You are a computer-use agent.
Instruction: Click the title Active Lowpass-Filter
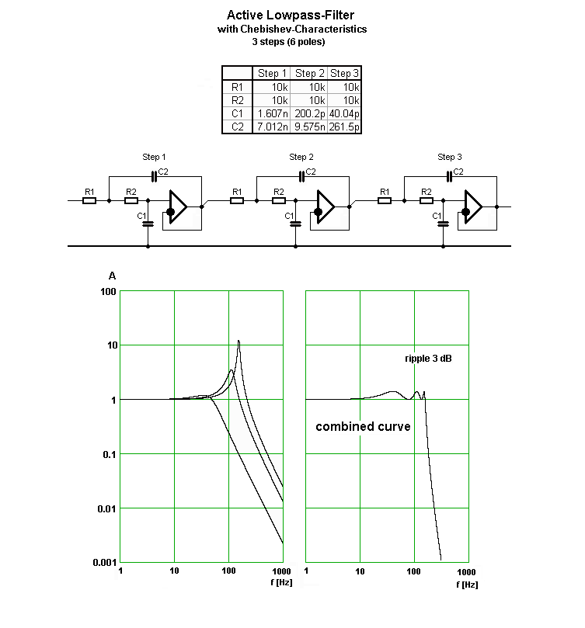[x=291, y=16]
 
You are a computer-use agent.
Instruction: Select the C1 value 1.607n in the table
[x=273, y=114]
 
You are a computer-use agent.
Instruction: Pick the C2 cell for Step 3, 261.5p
[x=344, y=127]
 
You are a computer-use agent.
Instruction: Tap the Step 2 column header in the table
[x=309, y=73]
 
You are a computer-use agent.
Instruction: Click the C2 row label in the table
[x=238, y=127]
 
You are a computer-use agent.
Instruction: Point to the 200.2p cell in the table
[x=309, y=114]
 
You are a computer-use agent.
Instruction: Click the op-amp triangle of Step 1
[x=178, y=206]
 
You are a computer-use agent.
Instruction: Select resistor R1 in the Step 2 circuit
[x=237, y=200]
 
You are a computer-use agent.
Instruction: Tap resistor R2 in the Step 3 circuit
[x=427, y=200]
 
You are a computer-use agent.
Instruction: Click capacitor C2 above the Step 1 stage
[x=154, y=177]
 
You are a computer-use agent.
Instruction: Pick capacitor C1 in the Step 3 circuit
[x=443, y=224]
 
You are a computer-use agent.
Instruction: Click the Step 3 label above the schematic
[x=450, y=157]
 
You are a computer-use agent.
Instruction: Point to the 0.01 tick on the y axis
[x=106, y=509]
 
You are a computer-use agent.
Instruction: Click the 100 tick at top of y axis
[x=108, y=292]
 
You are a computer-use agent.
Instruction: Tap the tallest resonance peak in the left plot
[x=239, y=342]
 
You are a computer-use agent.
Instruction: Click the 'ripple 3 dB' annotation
[x=428, y=359]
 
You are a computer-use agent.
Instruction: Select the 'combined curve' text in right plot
[x=363, y=426]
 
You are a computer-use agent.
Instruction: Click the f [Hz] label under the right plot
[x=467, y=585]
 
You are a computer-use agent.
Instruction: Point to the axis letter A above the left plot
[x=113, y=276]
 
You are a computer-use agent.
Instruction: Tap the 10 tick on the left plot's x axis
[x=174, y=571]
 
